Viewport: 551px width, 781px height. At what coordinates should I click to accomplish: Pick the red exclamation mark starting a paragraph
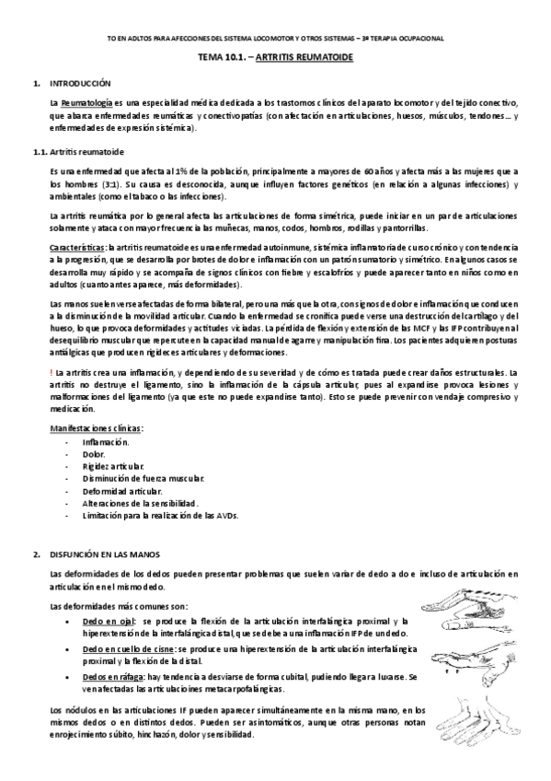(x=52, y=371)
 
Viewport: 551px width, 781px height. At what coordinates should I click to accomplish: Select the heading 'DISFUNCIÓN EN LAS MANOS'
(x=105, y=554)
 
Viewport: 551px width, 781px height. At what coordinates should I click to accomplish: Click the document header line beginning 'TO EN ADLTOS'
(x=275, y=38)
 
